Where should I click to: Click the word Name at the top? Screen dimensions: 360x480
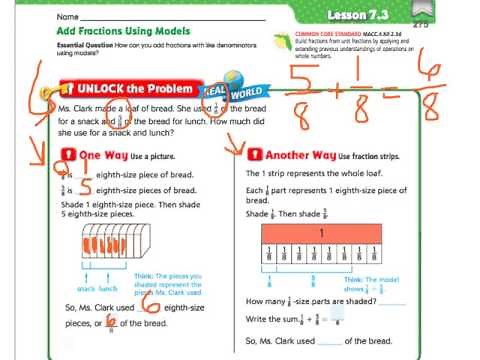[x=68, y=17]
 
